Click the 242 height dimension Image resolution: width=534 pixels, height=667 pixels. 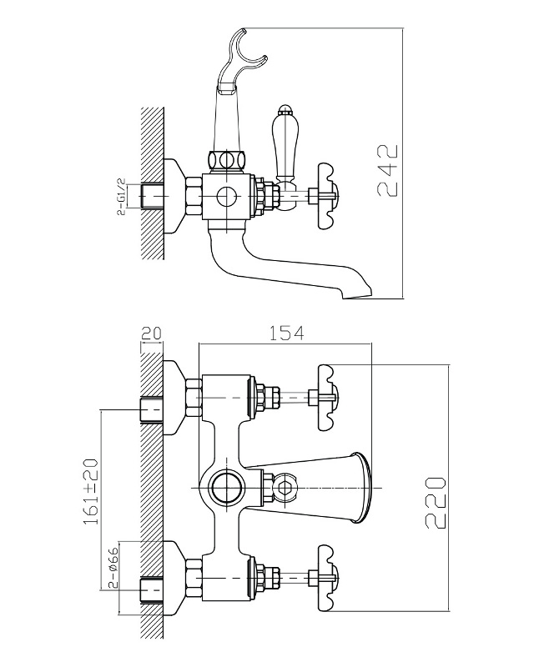[388, 171]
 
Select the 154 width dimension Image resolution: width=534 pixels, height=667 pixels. [287, 333]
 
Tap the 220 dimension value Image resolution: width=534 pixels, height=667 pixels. [435, 503]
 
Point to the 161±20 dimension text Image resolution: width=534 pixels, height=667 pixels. [91, 491]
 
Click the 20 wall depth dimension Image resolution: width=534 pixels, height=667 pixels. [151, 333]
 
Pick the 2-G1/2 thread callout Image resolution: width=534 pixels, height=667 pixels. [122, 197]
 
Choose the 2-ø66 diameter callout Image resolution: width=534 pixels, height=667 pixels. [113, 567]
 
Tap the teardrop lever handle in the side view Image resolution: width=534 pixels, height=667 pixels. [283, 144]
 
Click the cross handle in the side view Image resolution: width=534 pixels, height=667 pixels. [329, 196]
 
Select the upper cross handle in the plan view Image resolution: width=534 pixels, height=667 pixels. [329, 398]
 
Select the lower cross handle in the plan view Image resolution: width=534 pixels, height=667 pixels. [329, 577]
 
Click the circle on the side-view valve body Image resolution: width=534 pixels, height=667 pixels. [225, 196]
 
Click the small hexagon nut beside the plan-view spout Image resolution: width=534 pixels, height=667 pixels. [285, 487]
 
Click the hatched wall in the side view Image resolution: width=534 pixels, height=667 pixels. [152, 183]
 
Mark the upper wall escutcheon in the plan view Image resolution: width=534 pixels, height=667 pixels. [174, 398]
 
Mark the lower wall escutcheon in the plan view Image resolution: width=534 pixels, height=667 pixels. [174, 578]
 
